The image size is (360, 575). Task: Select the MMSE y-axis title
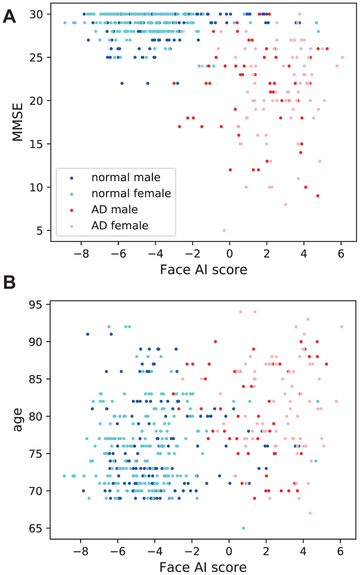(x=18, y=122)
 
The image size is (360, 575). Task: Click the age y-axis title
(x=18, y=419)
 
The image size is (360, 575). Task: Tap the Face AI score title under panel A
(x=203, y=270)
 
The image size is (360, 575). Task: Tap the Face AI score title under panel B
(x=203, y=567)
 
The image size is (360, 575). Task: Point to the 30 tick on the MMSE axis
(x=36, y=14)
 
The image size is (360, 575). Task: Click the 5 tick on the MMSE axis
(x=40, y=231)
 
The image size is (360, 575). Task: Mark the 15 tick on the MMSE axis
(x=36, y=144)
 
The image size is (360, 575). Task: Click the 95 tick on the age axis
(x=36, y=304)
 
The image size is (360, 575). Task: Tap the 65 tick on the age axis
(x=36, y=528)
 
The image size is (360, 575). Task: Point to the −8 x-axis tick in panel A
(x=81, y=254)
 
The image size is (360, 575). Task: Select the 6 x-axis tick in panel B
(x=340, y=551)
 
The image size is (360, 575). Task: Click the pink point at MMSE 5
(x=224, y=230)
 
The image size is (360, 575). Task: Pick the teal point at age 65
(x=244, y=528)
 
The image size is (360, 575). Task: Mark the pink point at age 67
(x=310, y=513)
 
